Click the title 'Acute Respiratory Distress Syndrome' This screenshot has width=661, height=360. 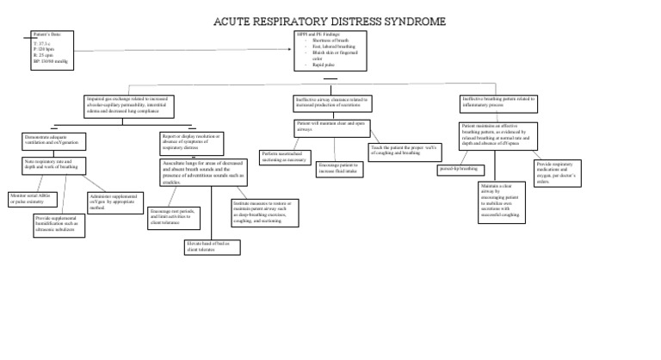click(330, 21)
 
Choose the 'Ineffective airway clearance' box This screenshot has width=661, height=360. click(332, 103)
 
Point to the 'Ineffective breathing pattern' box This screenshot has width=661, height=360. click(497, 102)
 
